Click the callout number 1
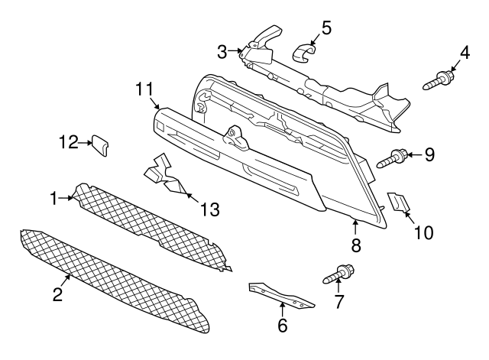(x=54, y=199)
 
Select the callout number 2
(x=57, y=296)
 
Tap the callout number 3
(x=222, y=52)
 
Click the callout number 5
(x=326, y=28)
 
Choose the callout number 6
(x=282, y=326)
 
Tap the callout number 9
(x=429, y=155)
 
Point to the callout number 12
(x=69, y=141)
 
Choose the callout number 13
(x=209, y=208)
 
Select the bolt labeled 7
(x=341, y=273)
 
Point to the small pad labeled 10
(x=399, y=202)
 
